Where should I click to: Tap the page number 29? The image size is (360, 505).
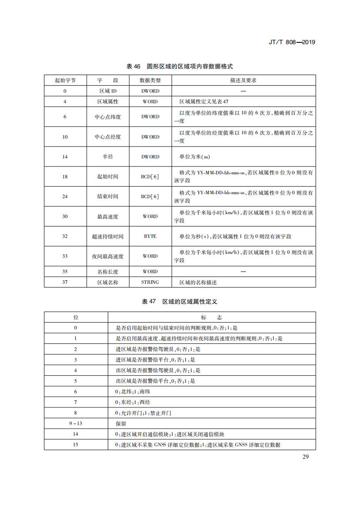point(306,456)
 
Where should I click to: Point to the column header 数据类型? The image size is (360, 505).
point(150,80)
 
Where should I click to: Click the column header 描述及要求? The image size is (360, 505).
point(243,80)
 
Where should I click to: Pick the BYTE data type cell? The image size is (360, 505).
point(150,236)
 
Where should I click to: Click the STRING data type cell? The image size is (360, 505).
point(150,282)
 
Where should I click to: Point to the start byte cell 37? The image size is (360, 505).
point(65,282)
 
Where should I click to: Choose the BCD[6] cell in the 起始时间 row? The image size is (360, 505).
point(150,177)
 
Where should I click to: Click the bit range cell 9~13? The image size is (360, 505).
point(76,423)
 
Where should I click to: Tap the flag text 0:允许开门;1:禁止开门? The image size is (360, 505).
point(143,413)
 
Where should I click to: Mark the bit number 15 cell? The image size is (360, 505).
point(76,445)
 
